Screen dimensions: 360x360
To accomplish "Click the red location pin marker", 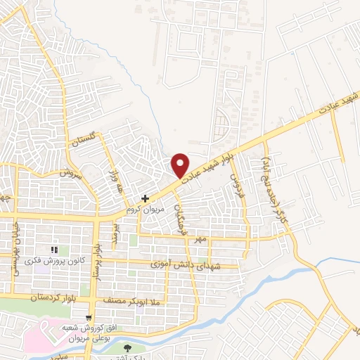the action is click(x=181, y=165).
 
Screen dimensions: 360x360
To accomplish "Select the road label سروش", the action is click(x=72, y=172).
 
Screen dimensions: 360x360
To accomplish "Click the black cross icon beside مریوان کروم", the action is click(x=145, y=198).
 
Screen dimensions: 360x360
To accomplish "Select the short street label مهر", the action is click(x=201, y=240).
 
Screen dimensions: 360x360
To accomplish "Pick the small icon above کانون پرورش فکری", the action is click(x=53, y=249).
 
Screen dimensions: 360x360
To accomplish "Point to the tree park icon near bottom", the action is click(x=127, y=347).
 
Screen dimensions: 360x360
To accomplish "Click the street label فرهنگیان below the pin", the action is click(x=180, y=207).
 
